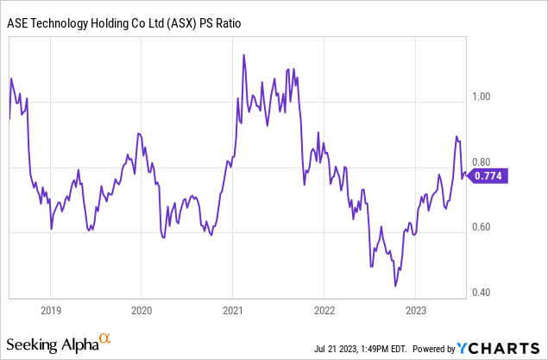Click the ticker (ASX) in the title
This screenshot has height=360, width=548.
click(172, 23)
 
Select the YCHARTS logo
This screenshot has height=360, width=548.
click(498, 348)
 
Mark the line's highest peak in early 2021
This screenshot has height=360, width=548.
click(244, 55)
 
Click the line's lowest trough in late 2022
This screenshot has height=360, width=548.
click(394, 286)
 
